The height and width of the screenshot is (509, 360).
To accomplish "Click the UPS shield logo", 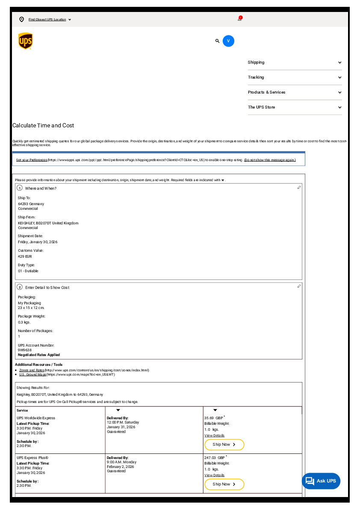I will click(x=26, y=41).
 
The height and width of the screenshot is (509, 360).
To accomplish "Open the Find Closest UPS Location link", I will click(x=47, y=20).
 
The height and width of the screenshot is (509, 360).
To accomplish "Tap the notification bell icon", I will click(x=240, y=19).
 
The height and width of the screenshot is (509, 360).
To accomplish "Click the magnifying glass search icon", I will click(x=217, y=41).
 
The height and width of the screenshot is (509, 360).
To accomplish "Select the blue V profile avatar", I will click(x=228, y=41).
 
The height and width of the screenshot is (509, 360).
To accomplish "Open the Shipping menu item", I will click(x=295, y=62).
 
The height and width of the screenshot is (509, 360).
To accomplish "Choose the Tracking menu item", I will click(x=295, y=77).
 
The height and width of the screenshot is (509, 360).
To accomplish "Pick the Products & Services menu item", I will click(x=295, y=92).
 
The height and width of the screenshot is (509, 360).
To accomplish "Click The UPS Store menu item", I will click(x=295, y=107).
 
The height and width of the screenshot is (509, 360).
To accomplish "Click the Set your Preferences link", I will click(x=32, y=160).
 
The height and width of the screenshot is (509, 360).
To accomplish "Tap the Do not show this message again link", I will click(x=270, y=160).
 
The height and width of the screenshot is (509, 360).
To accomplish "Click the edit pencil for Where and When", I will click(x=299, y=188).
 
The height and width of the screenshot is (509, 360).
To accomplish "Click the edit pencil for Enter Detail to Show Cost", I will click(x=299, y=286).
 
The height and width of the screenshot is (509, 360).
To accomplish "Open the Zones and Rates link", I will click(x=32, y=370).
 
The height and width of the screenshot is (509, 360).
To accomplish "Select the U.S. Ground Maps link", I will click(x=32, y=374).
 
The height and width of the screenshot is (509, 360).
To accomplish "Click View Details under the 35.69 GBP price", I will click(x=214, y=435).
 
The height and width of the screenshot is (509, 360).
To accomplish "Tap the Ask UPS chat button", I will click(x=321, y=481).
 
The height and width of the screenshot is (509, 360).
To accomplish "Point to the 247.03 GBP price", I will click(x=214, y=457).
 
